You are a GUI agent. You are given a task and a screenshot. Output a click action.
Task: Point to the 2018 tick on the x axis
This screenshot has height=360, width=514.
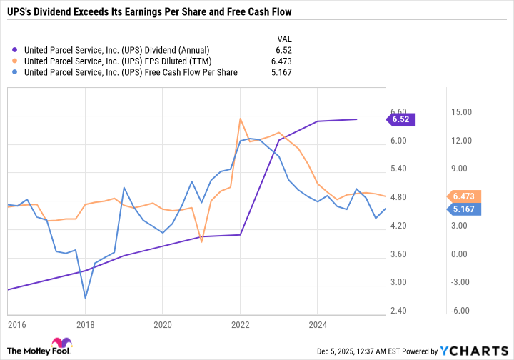[85, 322]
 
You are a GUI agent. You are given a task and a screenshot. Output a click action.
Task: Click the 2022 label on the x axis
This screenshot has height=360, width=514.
[240, 322]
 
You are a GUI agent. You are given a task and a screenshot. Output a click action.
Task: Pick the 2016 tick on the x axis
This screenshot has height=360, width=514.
[16, 322]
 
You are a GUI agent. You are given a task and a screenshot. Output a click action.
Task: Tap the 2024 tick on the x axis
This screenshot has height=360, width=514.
[318, 322]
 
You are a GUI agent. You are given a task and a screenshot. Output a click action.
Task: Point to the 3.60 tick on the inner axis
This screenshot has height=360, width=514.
[398, 254]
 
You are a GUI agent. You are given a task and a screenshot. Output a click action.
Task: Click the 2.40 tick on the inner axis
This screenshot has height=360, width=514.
[398, 311]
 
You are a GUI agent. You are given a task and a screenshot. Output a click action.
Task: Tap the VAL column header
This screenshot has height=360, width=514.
[283, 39]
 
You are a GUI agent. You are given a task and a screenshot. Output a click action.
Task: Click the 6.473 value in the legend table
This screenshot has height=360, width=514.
[280, 61]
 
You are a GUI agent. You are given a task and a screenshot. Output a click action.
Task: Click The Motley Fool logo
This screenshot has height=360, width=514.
[39, 346]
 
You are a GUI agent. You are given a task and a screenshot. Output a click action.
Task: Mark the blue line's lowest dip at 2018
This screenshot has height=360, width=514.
[85, 298]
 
